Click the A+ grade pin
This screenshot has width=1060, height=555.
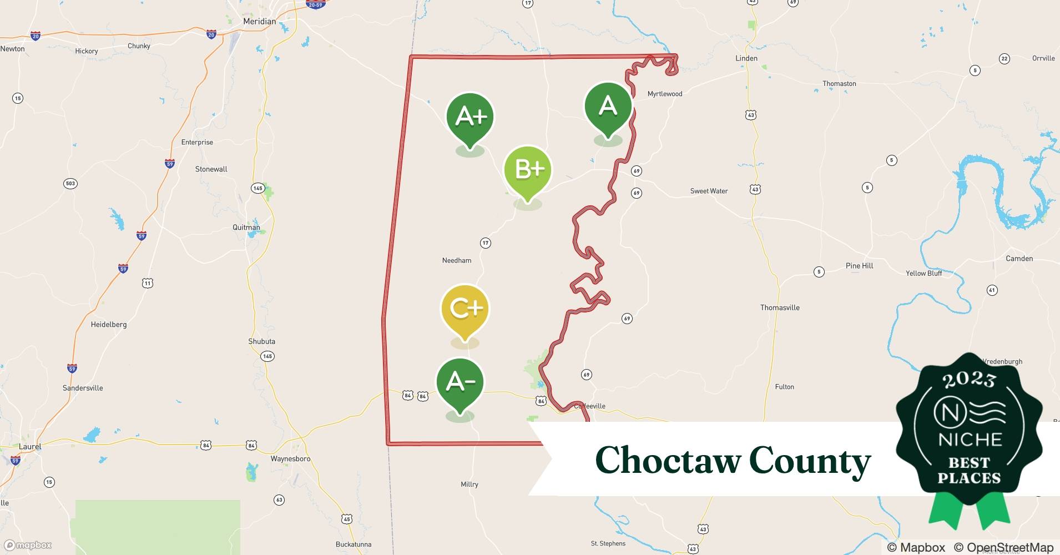pos(470,117)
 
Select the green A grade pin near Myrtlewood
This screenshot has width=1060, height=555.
pos(608,106)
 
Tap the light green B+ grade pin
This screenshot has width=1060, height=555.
pos(527,170)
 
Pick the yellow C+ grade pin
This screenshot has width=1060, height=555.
pos(465,309)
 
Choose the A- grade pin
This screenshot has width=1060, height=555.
pos(460,382)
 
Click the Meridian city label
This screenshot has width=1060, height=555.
pos(259,21)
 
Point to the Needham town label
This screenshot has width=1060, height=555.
pos(457,260)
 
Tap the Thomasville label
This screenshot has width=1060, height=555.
pos(780,307)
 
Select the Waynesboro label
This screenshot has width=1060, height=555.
pos(290,459)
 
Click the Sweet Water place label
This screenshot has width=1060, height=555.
pos(709,191)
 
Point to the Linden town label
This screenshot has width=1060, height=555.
pos(746,58)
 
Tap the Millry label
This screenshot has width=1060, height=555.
pos(470,485)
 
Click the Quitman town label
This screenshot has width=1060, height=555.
pos(246,228)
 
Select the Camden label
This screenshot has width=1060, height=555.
pos(1019,259)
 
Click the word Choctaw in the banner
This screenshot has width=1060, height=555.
pos(667,460)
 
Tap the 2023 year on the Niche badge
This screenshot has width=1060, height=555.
pos(969,380)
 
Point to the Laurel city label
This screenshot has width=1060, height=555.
pos(30,447)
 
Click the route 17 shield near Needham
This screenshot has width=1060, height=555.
pos(486,243)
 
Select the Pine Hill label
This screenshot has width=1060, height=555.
pos(859,266)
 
